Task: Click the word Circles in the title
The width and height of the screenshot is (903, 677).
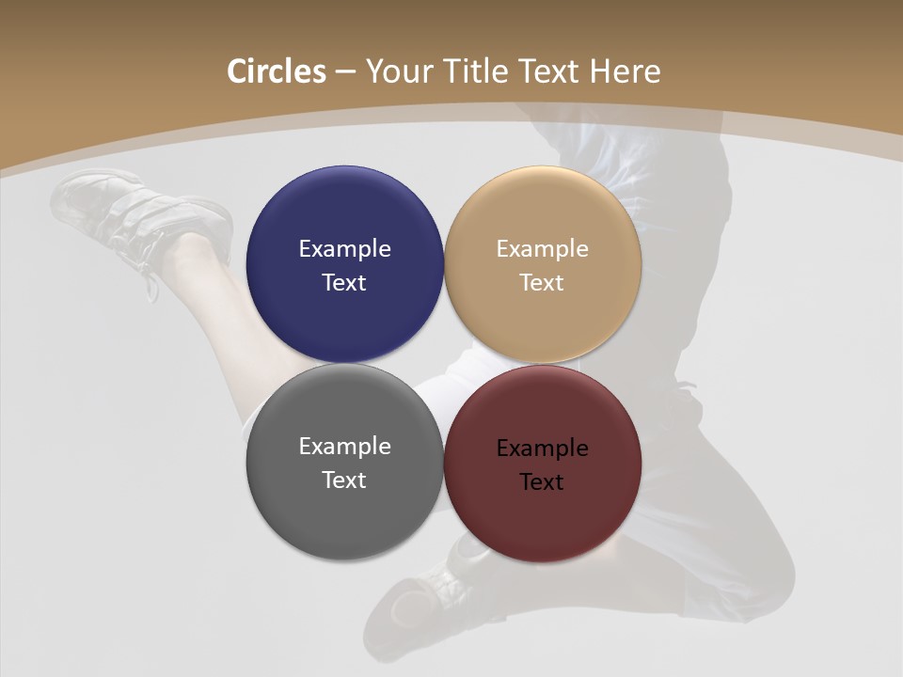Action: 277,71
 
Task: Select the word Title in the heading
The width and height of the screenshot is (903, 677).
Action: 477,71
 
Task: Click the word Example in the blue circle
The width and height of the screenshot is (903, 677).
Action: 344,249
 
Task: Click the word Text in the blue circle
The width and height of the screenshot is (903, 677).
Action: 344,283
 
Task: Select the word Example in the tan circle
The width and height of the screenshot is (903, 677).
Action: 542,249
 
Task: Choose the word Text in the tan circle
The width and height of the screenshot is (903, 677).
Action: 542,283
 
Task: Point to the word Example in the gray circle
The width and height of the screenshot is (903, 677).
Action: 344,447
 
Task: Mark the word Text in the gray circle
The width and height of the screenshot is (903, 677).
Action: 344,480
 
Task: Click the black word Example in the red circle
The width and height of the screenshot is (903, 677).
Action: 542,449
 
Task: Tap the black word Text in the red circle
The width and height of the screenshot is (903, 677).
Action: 542,482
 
